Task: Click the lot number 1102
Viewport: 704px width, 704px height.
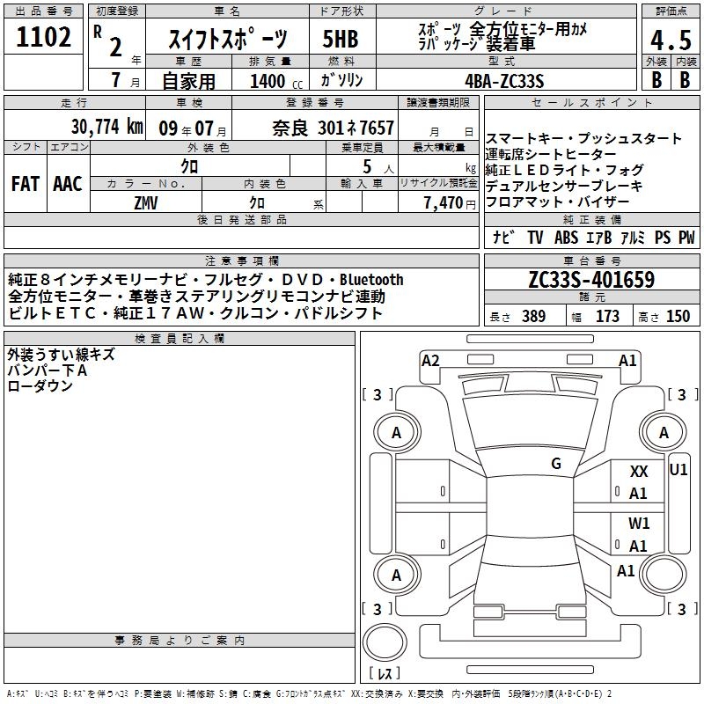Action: click(43, 37)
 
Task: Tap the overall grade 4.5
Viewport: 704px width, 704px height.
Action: click(671, 40)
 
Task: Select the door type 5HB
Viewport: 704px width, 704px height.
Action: click(341, 39)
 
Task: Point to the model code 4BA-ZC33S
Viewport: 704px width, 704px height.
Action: click(504, 81)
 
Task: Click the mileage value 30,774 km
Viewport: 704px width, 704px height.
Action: click(106, 127)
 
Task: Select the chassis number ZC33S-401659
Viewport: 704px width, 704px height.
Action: click(591, 280)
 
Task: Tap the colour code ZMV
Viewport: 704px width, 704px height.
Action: click(146, 203)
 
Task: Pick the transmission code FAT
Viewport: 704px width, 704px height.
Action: click(26, 184)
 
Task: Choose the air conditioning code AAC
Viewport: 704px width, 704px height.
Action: click(68, 184)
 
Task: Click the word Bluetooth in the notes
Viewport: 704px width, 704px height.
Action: click(371, 280)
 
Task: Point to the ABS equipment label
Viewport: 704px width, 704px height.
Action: click(566, 237)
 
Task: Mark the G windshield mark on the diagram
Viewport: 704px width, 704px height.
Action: click(556, 464)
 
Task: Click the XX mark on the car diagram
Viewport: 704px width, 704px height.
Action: click(639, 472)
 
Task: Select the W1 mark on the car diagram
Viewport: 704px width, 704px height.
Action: click(639, 523)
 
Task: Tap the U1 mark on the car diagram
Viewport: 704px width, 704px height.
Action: click(678, 470)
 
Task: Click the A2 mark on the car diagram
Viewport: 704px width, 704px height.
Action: click(430, 361)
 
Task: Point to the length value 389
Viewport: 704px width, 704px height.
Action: click(533, 316)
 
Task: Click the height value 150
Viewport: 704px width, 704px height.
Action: click(678, 316)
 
